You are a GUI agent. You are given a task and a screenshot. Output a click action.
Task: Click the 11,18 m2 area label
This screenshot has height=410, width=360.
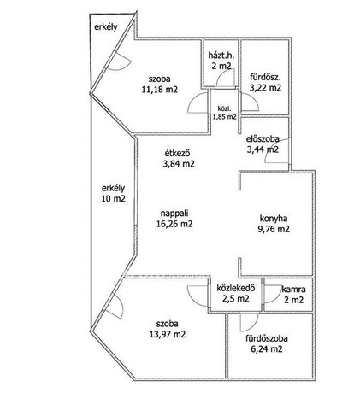(x=160, y=90)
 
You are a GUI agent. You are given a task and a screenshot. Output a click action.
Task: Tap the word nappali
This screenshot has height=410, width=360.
(x=174, y=213)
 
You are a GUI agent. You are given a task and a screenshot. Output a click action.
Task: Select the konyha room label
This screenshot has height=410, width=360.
(x=274, y=219)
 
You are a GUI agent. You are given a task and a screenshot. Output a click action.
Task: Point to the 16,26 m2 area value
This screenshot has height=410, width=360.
(x=174, y=224)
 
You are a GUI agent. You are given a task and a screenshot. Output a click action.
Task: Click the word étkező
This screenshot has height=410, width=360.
(x=177, y=153)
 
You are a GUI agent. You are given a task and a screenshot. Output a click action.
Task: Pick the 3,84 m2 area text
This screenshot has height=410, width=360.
(x=179, y=164)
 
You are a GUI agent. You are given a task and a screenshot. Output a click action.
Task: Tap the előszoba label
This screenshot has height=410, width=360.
(x=263, y=139)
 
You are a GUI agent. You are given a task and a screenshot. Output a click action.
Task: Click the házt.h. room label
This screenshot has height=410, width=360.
(x=221, y=55)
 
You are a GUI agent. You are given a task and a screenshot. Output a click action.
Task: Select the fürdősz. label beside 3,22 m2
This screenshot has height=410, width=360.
(x=266, y=77)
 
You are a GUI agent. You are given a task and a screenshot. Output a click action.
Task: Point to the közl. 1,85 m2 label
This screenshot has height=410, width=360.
(x=225, y=113)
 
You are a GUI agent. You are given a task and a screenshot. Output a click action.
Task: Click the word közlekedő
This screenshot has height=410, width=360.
(x=236, y=288)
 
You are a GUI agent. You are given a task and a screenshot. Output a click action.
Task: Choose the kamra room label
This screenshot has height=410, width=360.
(x=294, y=290)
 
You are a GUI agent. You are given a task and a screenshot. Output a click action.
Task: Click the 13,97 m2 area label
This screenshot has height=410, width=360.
(x=168, y=334)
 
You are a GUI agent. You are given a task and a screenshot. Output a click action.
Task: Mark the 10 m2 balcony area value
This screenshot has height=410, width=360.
(x=114, y=199)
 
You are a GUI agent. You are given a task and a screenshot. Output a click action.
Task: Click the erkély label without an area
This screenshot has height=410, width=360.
(x=106, y=27)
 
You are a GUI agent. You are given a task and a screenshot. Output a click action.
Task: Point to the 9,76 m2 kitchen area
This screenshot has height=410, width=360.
(x=274, y=229)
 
